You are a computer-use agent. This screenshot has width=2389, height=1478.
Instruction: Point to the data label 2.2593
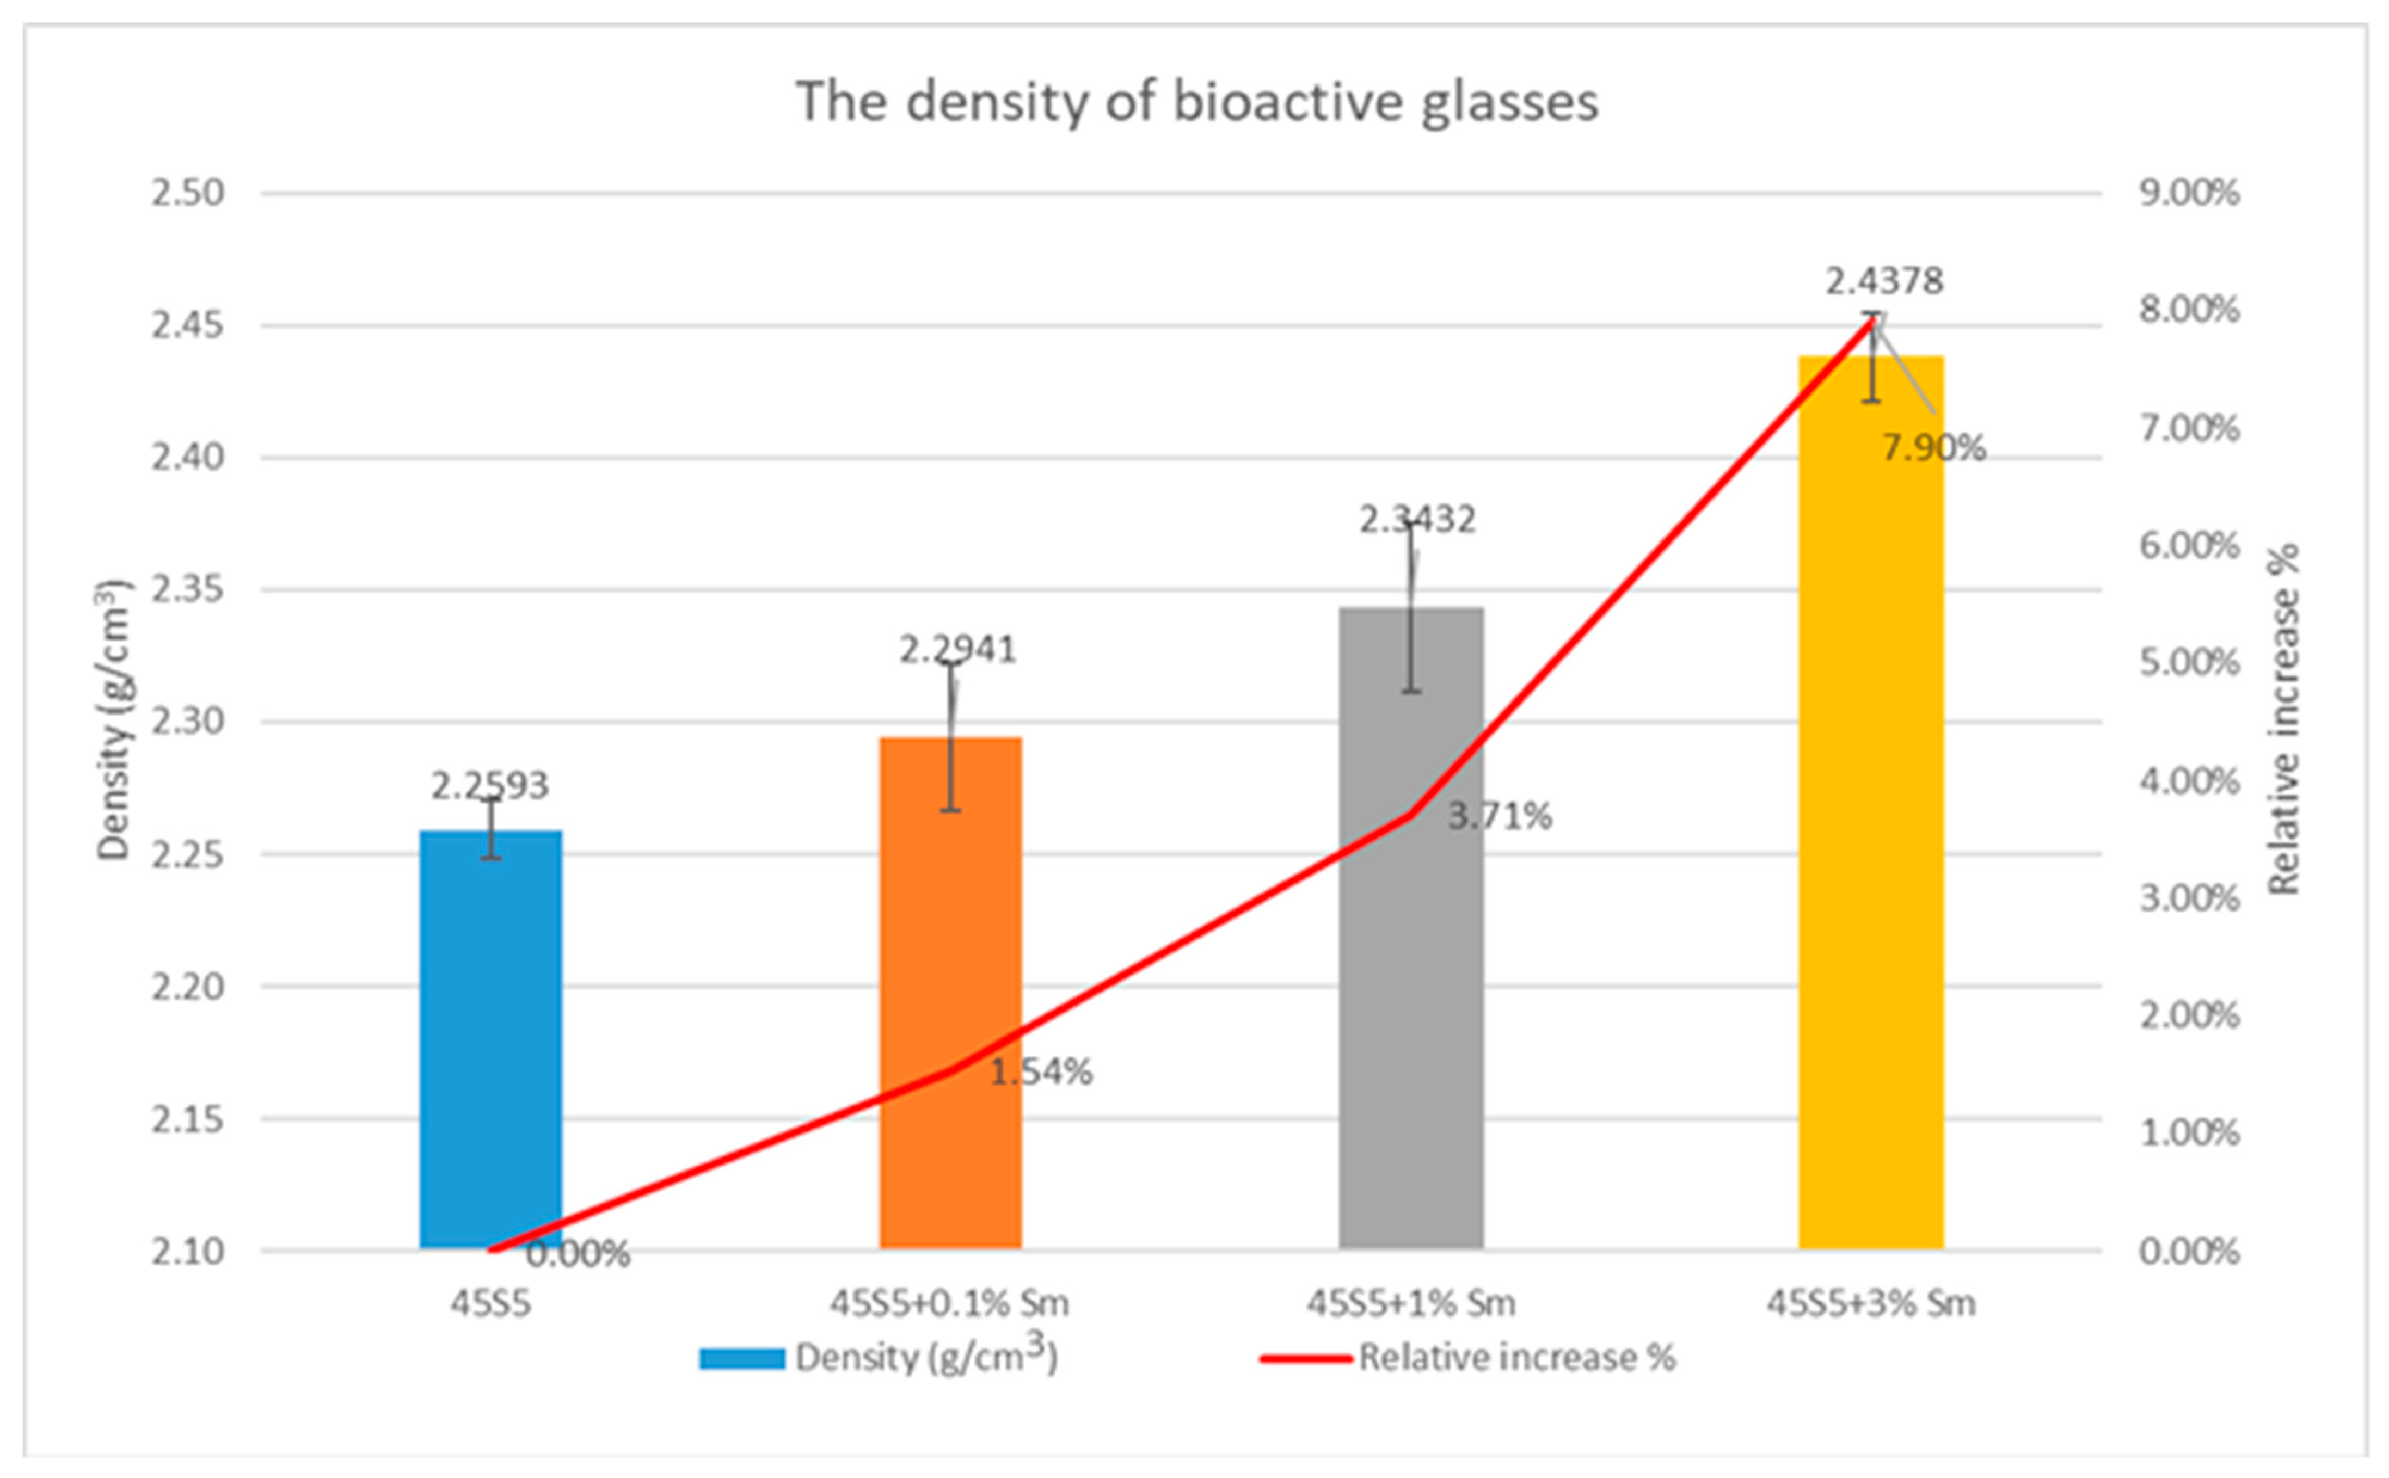pos(491,785)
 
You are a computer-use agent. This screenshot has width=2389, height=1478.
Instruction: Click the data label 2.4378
pos(1884,281)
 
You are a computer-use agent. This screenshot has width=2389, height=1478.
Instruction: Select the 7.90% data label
pos(1933,448)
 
